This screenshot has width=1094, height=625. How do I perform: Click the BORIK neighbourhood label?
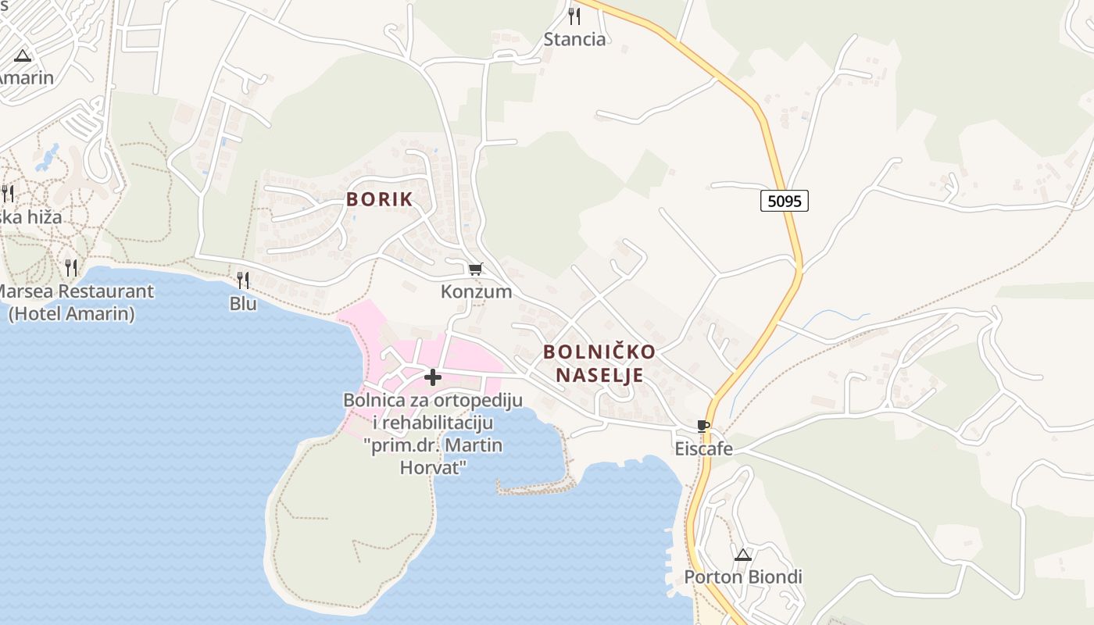click(379, 199)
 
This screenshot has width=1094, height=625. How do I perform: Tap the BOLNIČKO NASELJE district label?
click(599, 363)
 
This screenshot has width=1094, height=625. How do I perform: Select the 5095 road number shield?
click(784, 201)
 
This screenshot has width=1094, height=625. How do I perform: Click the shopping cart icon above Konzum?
click(475, 270)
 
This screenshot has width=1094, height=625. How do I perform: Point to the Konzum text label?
click(476, 291)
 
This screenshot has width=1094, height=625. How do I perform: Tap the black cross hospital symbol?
click(432, 378)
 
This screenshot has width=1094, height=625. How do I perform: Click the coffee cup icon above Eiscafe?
click(703, 427)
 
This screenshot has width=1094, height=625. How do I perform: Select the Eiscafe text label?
click(704, 448)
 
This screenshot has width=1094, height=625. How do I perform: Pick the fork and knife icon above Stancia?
click(574, 16)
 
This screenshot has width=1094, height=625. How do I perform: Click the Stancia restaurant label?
click(574, 39)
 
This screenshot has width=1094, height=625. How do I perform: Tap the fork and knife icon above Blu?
click(243, 280)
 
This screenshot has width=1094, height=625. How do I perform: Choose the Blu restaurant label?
click(243, 303)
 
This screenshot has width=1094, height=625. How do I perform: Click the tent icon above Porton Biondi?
click(743, 555)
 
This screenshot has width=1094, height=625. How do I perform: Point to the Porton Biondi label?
click(743, 577)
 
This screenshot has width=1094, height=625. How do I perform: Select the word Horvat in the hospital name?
click(433, 467)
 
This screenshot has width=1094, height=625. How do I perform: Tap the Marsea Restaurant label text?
click(75, 291)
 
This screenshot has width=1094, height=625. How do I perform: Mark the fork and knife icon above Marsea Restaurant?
click(71, 268)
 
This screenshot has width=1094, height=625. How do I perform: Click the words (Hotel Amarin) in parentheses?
click(71, 314)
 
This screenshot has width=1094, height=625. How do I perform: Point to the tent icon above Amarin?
click(22, 55)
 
